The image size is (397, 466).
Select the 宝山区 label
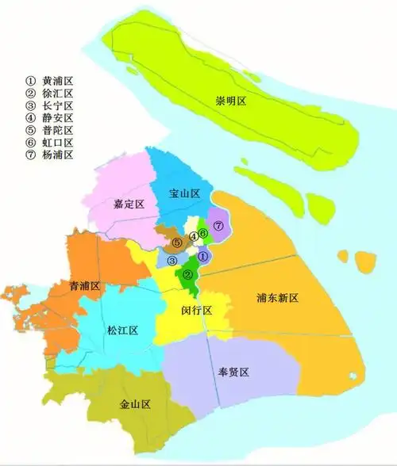pos(183,193)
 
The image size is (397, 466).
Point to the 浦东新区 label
pos(277,299)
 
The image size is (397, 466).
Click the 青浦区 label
pos(84,286)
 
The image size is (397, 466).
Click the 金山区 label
pos(135,405)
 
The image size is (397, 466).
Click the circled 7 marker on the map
pos(218,227)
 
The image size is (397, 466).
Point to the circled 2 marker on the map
pos(188,275)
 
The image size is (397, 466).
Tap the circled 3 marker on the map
pos(172,260)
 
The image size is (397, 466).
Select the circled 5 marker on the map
pos(178,242)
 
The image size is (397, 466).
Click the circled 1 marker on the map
pos(202,256)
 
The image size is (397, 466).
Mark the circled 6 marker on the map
pos(203,233)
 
